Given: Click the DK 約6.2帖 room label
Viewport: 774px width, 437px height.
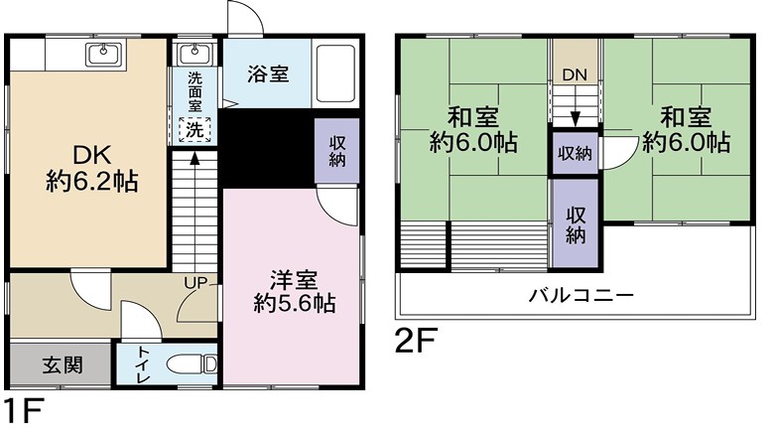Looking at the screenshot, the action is pos(92,169).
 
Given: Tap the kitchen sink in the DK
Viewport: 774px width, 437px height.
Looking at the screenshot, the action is pos(103,55).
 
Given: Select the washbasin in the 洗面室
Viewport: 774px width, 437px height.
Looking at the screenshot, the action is pos(194,54).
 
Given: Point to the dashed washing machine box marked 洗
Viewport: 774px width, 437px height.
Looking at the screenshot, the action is pos(194,130).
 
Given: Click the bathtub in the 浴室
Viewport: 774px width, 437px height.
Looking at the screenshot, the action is pos(335,74).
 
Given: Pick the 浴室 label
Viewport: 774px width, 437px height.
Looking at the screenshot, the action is pos(268,74).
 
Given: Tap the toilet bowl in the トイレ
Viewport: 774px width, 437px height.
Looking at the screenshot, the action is pos(193,365).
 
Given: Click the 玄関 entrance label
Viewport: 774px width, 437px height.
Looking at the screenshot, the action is pos(63,365).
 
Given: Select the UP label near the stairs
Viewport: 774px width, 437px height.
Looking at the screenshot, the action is pos(195,283).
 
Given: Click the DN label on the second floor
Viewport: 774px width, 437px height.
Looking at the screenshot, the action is pos(575,75).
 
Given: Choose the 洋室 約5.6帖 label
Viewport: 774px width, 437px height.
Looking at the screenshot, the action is pos(295,292).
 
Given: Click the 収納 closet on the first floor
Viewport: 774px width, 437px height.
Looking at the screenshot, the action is pos(337,151).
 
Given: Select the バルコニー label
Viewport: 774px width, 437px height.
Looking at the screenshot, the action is pos(580,296).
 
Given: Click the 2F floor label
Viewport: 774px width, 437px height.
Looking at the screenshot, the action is pos(416,341).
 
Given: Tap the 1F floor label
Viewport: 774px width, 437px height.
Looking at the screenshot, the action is pos(24,410).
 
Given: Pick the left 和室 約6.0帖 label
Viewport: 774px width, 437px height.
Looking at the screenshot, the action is pos(473,129).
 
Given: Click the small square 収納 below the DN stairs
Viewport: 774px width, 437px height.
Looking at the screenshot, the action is pos(576,153).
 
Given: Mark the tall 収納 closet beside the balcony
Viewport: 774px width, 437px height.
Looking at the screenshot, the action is pos(576,223).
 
